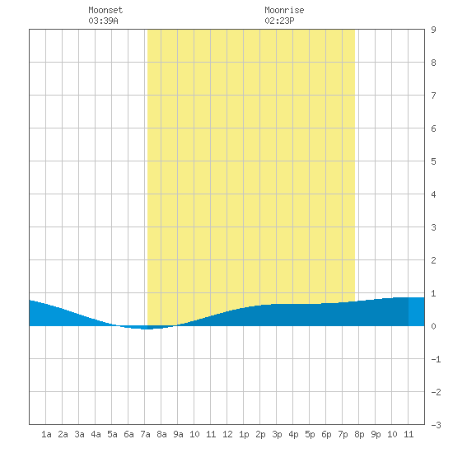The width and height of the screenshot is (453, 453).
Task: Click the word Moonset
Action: (x=105, y=10)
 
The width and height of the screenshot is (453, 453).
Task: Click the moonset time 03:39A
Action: (x=103, y=21)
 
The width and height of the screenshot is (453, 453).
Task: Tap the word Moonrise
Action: (x=284, y=10)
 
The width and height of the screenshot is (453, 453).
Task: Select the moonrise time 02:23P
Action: (x=279, y=21)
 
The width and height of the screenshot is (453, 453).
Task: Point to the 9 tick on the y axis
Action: (x=433, y=30)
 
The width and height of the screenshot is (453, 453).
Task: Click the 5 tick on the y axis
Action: (x=433, y=161)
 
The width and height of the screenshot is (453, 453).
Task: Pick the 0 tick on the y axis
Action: (x=433, y=326)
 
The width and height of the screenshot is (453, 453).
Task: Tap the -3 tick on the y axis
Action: (x=437, y=425)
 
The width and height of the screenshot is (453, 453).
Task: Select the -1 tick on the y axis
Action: (x=437, y=359)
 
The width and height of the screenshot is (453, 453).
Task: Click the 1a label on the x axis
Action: (x=46, y=434)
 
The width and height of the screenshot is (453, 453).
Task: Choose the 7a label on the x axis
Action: (x=145, y=434)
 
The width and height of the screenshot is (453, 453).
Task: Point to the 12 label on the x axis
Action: (x=227, y=434)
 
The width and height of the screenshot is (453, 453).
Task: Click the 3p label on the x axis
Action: (x=277, y=434)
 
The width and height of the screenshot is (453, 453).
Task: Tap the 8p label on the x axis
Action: (x=359, y=434)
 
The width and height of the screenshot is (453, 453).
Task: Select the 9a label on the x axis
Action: (x=178, y=434)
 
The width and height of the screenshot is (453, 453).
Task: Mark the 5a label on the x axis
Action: (x=112, y=434)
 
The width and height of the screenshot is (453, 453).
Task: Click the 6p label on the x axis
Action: (x=326, y=434)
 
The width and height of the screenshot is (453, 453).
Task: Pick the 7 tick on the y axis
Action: (x=433, y=96)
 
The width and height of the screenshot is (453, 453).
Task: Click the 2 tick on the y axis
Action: (x=433, y=260)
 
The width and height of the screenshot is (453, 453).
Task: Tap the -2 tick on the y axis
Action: (x=437, y=392)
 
